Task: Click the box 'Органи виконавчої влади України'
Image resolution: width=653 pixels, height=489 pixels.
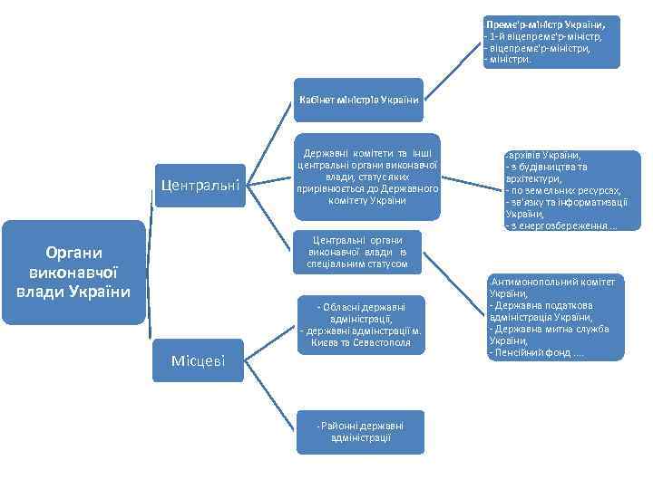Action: pyautogui.click(x=73, y=272)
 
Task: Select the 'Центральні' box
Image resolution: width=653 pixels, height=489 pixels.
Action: pyautogui.click(x=200, y=186)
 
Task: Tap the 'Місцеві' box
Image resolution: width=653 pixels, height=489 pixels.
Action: pyautogui.click(x=200, y=361)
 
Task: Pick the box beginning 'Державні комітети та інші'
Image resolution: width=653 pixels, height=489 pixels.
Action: pyautogui.click(x=367, y=175)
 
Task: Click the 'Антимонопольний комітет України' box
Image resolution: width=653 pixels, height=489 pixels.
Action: pyautogui.click(x=556, y=316)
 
